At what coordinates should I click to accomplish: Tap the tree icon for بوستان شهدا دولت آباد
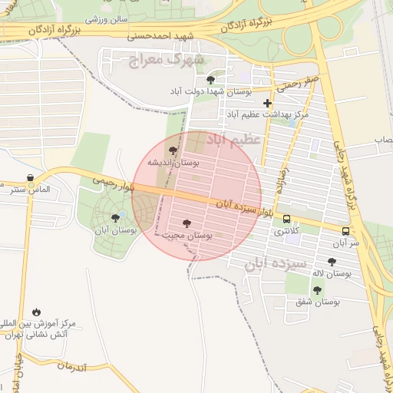pyautogui.click(x=211, y=79)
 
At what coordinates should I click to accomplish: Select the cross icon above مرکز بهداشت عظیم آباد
pyautogui.click(x=267, y=102)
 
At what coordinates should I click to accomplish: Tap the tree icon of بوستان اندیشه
pyautogui.click(x=172, y=151)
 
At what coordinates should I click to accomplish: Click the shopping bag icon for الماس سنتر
pyautogui.click(x=30, y=178)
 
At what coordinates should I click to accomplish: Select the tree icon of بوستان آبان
pyautogui.click(x=115, y=218)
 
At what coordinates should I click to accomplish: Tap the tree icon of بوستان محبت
pyautogui.click(x=187, y=223)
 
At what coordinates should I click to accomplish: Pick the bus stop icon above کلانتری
pyautogui.click(x=286, y=219)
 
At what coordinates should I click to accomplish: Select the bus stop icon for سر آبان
pyautogui.click(x=345, y=231)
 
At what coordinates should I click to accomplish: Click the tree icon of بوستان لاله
pyautogui.click(x=332, y=262)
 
